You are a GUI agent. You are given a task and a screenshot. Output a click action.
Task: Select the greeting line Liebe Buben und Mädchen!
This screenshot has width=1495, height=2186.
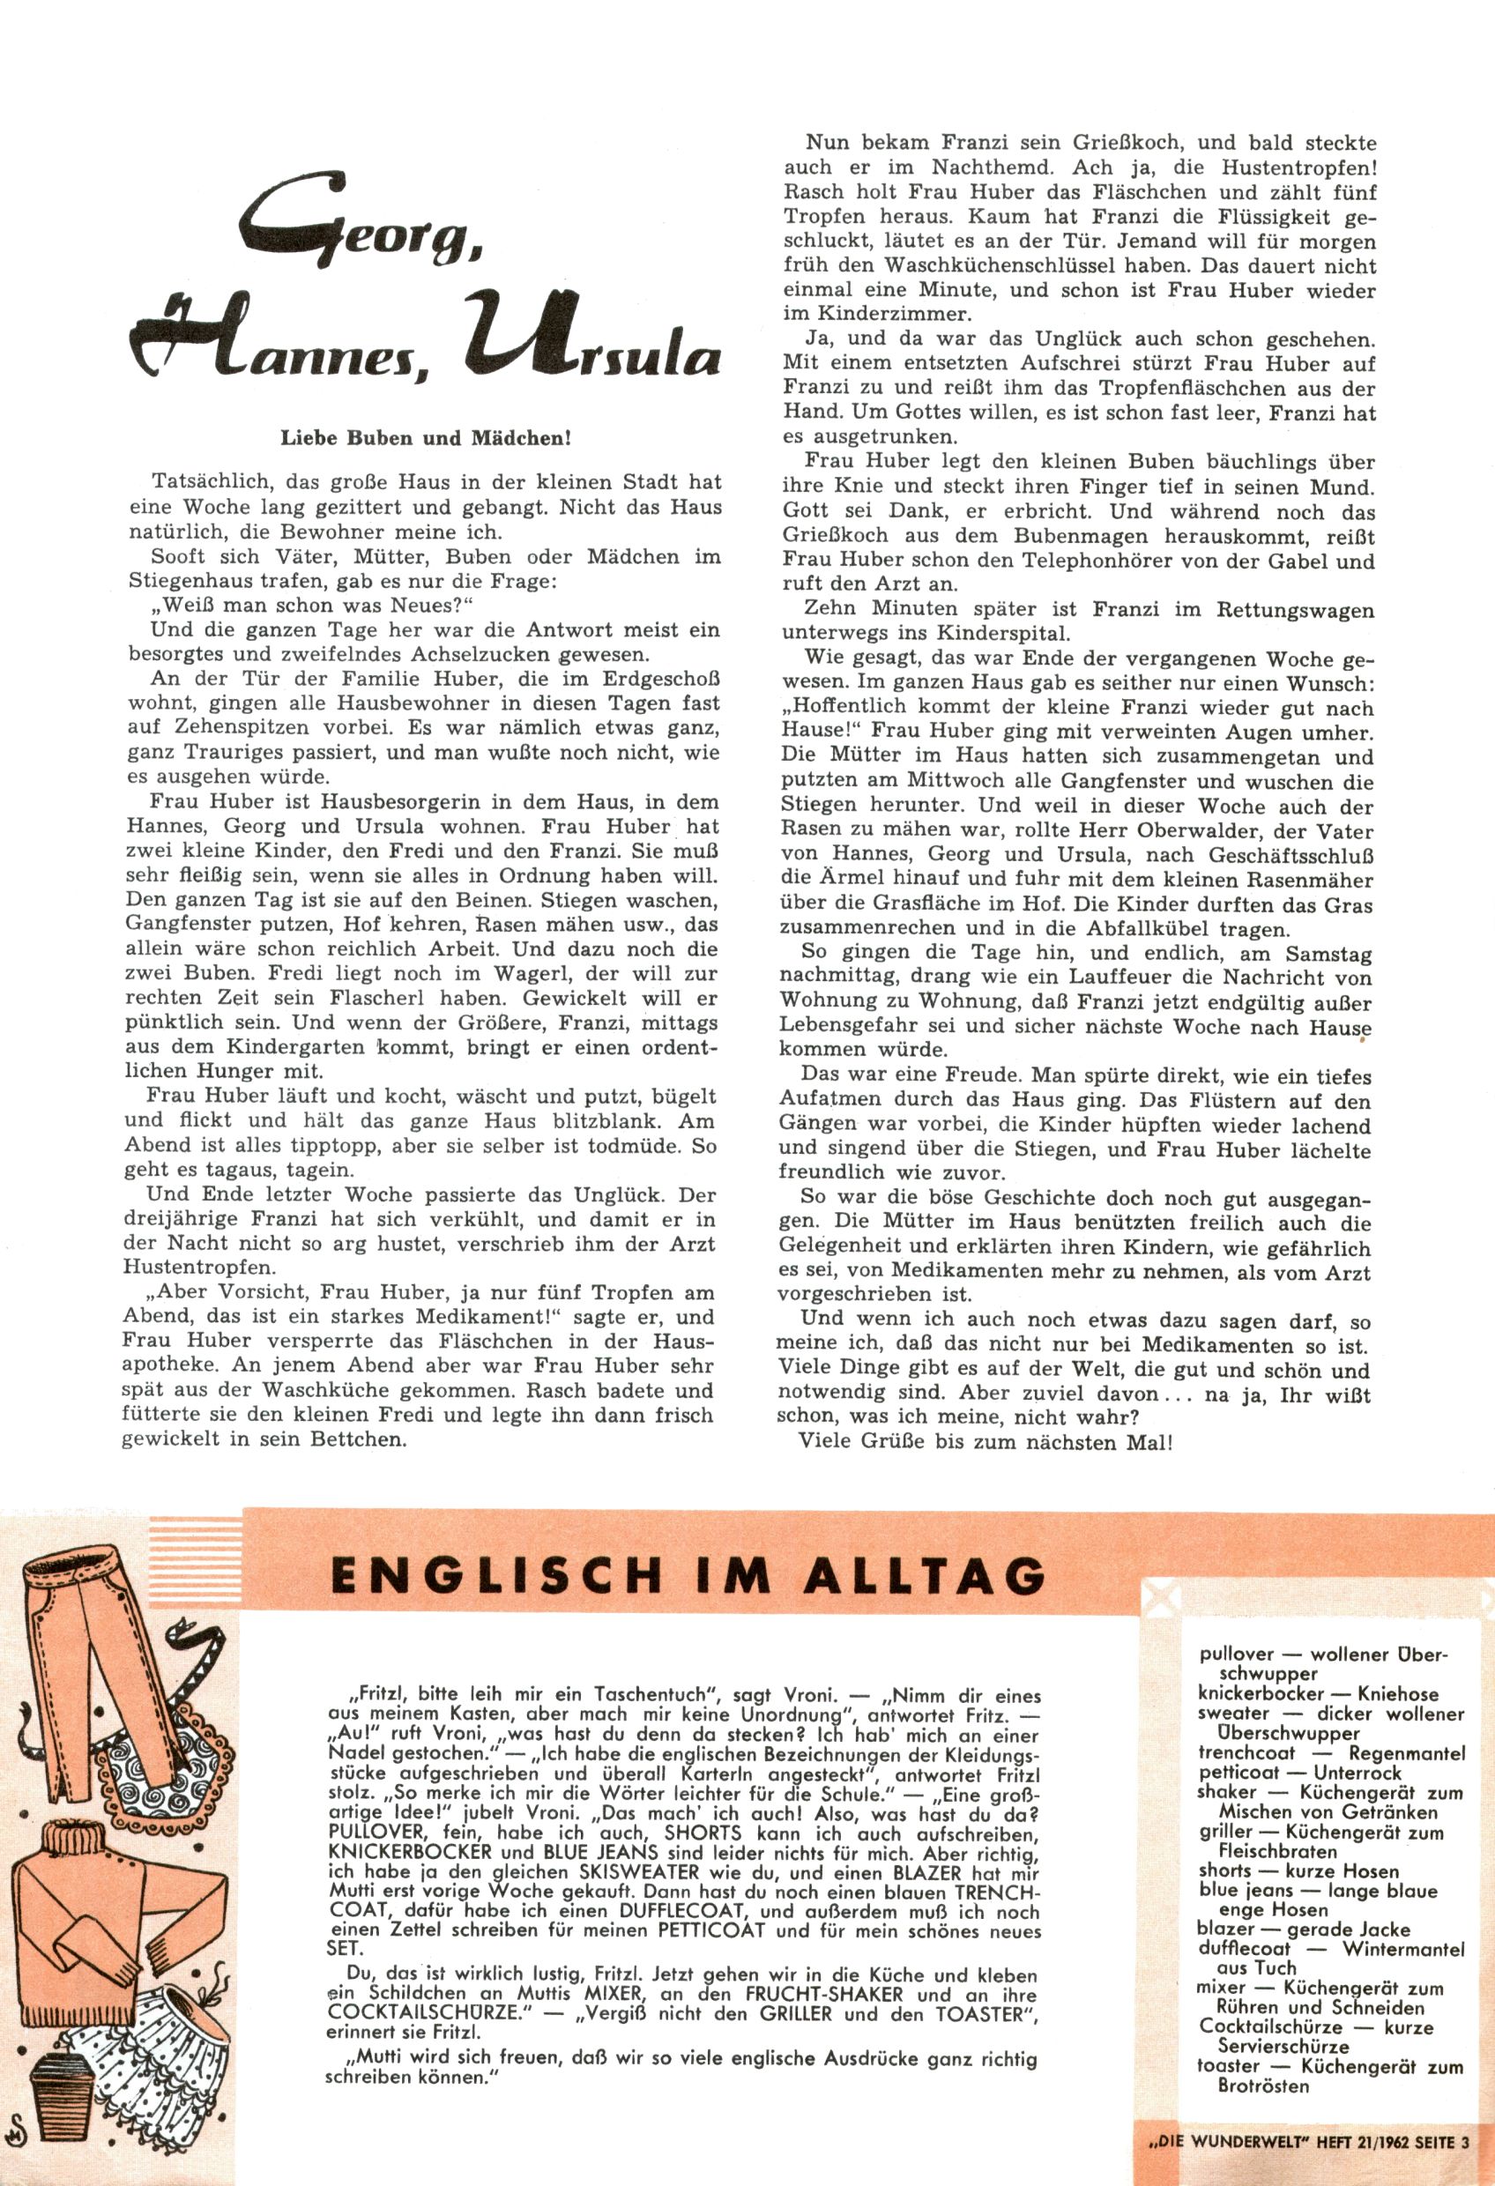pos(427,438)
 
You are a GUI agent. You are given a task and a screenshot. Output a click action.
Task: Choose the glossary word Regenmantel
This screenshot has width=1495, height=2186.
pos(1407,1752)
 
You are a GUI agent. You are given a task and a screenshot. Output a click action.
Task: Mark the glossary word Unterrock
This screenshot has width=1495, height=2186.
pos(1357,1772)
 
